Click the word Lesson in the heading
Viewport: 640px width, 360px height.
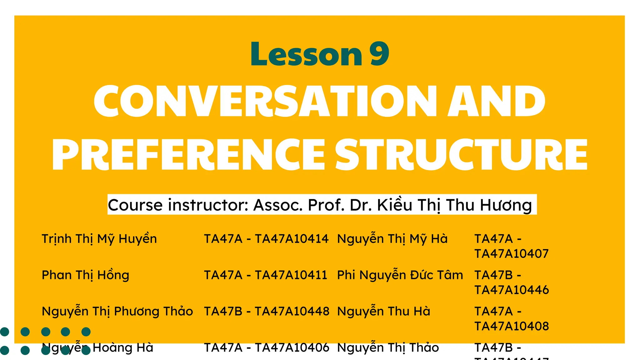[306, 54]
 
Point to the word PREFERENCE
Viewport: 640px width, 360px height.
[189, 154]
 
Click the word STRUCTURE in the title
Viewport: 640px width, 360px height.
[461, 154]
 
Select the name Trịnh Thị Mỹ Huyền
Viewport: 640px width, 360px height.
[99, 239]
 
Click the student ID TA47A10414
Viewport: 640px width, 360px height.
[292, 239]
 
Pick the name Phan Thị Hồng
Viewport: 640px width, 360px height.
[85, 275]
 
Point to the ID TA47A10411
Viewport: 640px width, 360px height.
[291, 275]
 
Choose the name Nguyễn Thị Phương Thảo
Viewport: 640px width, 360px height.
[117, 312]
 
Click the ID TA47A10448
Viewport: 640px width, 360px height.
[292, 312]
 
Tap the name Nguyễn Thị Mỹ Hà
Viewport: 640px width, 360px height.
[392, 239]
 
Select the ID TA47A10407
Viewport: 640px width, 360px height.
[511, 254]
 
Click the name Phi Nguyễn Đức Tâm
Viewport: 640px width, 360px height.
[400, 275]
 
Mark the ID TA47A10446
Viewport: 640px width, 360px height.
[511, 290]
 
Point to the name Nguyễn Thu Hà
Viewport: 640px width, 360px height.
[384, 312]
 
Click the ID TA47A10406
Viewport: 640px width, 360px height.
[292, 347]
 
